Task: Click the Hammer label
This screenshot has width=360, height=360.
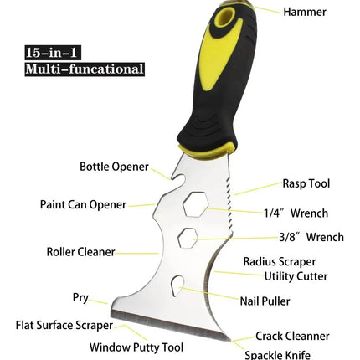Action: click(x=305, y=12)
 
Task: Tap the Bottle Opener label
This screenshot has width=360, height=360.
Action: click(x=114, y=167)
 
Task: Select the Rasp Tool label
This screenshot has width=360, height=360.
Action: click(x=306, y=183)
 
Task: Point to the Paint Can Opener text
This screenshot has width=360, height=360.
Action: click(x=83, y=204)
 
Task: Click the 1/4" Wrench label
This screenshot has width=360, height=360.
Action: click(x=296, y=213)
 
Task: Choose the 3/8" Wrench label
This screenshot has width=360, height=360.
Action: click(x=311, y=237)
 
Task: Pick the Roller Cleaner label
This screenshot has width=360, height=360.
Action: click(x=80, y=252)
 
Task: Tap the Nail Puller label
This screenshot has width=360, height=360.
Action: click(x=265, y=301)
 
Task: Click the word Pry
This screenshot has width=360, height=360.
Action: click(x=80, y=298)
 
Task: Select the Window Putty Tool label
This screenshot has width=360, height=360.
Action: click(x=136, y=347)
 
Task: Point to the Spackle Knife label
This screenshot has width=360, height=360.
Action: click(x=277, y=355)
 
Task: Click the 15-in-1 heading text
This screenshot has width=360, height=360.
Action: click(x=51, y=53)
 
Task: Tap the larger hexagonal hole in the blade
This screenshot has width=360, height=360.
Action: click(x=196, y=203)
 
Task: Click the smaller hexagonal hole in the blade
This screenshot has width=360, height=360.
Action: click(x=188, y=238)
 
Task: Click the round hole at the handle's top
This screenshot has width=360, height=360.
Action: click(x=224, y=17)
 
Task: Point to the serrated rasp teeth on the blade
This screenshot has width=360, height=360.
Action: click(x=229, y=207)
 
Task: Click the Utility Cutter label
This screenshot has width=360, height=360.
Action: click(x=296, y=276)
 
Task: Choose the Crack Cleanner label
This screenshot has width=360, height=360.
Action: click(x=292, y=336)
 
